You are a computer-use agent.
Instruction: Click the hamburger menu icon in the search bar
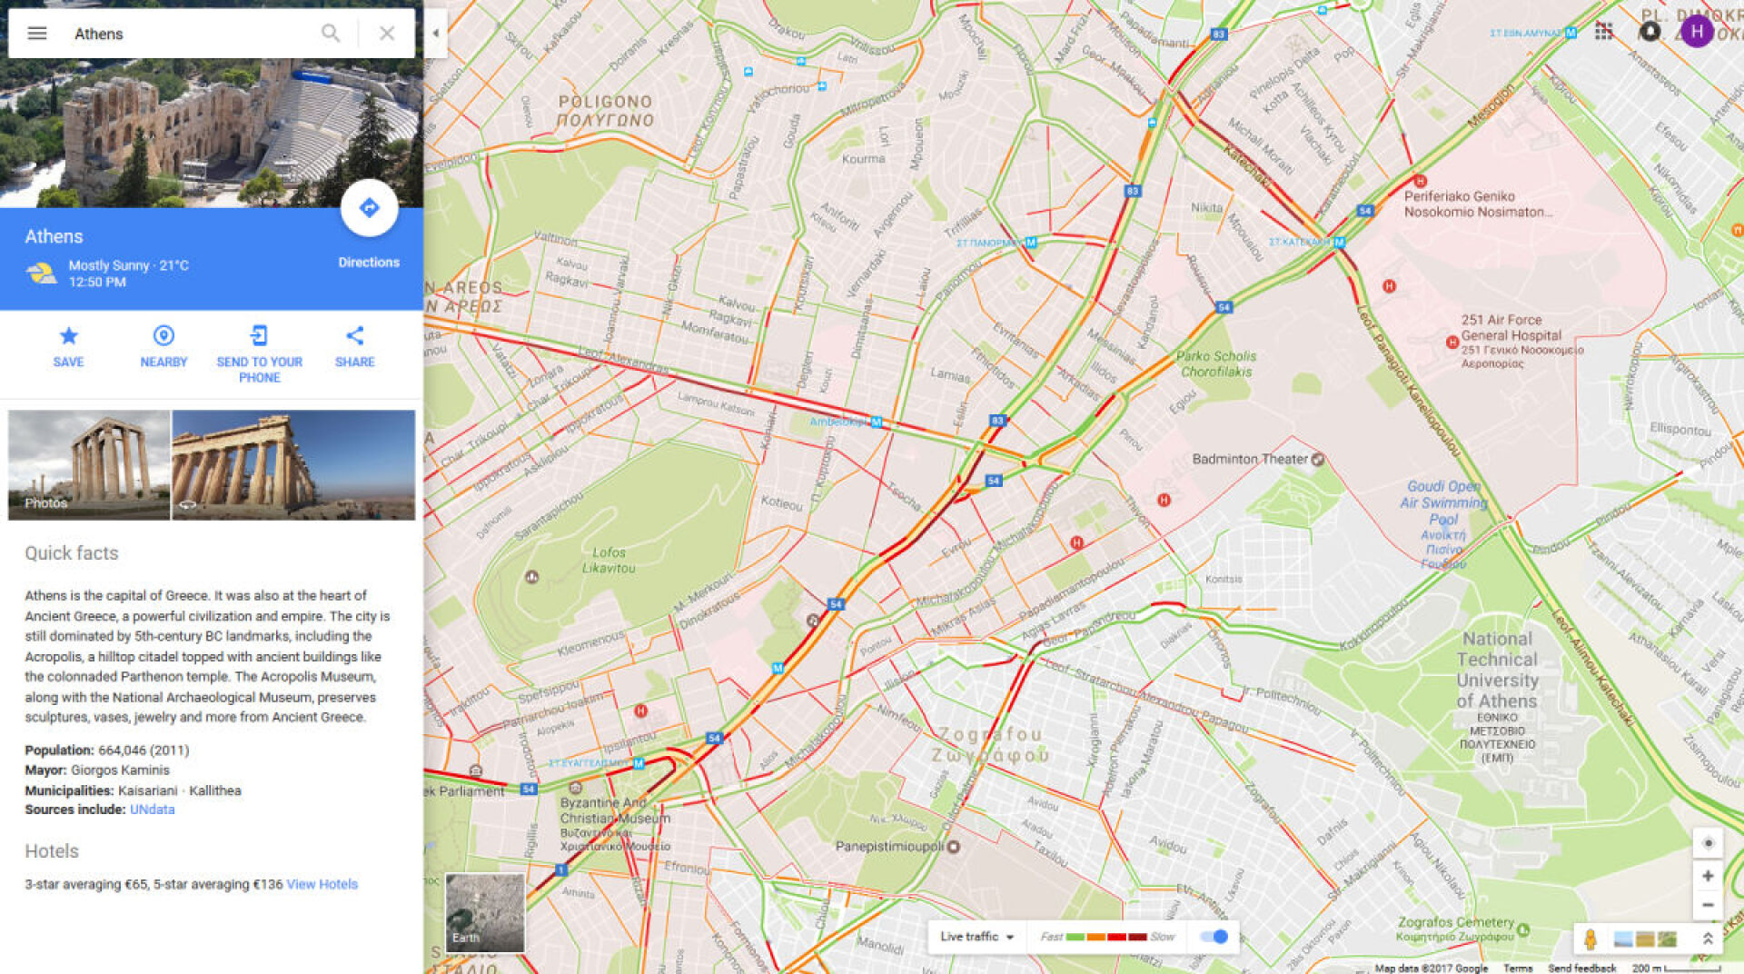tap(37, 34)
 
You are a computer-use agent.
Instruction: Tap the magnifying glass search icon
tap(331, 34)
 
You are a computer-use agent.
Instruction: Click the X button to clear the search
tap(387, 34)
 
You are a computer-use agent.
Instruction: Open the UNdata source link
tap(152, 810)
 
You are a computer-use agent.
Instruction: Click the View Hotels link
tap(322, 884)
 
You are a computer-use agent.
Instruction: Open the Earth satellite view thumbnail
tap(484, 912)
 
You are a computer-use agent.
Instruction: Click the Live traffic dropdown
tap(976, 937)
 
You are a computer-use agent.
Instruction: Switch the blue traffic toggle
tap(1214, 937)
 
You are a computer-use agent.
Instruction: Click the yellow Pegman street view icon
tap(1590, 939)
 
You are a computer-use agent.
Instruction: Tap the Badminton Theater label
tap(1250, 460)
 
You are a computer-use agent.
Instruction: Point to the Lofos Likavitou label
tap(609, 560)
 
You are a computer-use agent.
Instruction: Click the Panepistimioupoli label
tap(890, 847)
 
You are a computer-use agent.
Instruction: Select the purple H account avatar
tap(1696, 31)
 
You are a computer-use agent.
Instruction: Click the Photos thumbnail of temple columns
tap(89, 464)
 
